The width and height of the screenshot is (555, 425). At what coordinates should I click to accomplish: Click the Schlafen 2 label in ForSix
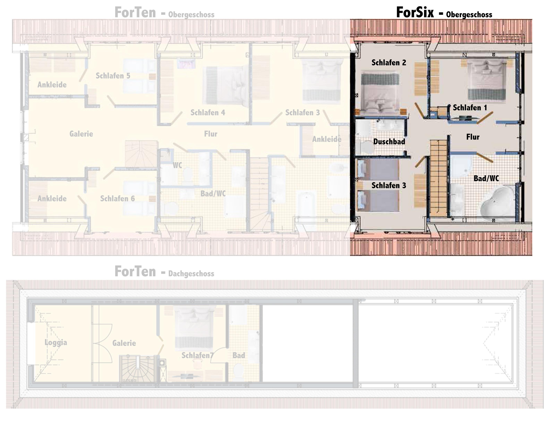[389, 63]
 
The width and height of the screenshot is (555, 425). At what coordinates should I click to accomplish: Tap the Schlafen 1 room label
[470, 108]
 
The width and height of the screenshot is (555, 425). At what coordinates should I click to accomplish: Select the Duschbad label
[389, 141]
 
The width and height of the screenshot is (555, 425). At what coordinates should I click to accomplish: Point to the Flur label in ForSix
[473, 137]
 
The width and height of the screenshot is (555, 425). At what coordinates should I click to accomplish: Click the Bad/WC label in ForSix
[486, 178]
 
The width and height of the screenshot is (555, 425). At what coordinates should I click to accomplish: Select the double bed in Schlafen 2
[380, 93]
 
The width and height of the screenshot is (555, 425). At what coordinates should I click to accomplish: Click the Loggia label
[56, 342]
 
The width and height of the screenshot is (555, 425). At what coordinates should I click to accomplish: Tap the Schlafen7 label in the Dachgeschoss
[197, 355]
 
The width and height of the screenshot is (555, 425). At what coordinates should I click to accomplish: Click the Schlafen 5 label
[113, 76]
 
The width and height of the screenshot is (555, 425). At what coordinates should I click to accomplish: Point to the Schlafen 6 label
[117, 199]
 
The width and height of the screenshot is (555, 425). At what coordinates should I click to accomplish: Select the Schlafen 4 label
[208, 113]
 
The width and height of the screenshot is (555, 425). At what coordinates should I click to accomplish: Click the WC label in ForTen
[177, 165]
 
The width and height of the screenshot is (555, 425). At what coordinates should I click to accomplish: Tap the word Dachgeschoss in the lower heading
[191, 274]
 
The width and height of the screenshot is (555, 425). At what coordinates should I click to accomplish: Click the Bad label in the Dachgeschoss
[239, 355]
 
